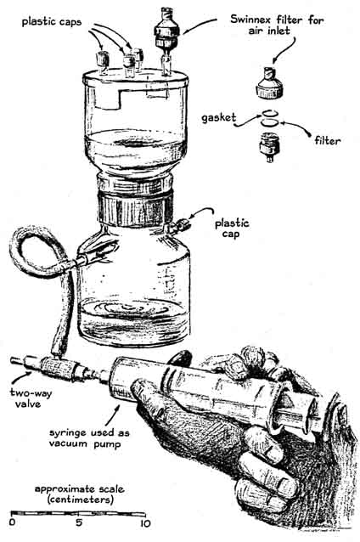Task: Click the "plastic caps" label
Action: click(52, 22)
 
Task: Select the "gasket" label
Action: click(219, 118)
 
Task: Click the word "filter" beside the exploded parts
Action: click(327, 140)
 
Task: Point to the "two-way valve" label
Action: click(31, 398)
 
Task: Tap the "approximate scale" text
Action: click(80, 488)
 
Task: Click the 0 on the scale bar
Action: click(13, 522)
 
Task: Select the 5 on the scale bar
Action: click(79, 522)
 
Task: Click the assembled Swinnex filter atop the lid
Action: click(167, 33)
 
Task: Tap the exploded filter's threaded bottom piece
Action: click(269, 148)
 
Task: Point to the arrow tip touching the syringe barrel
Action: click(119, 403)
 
